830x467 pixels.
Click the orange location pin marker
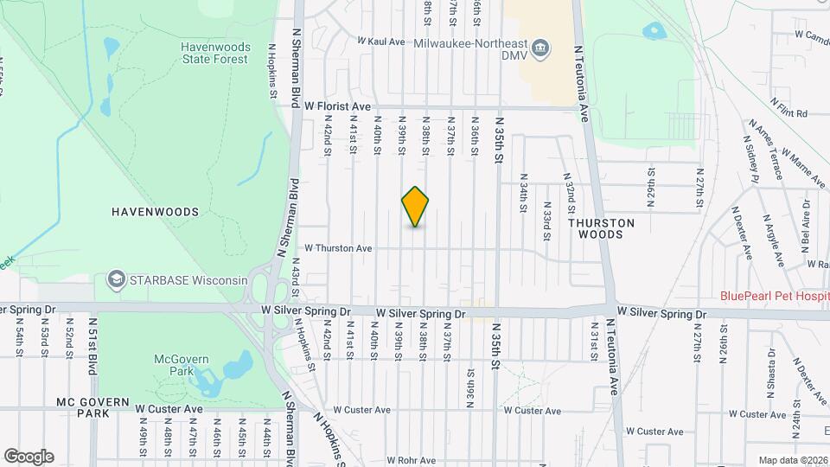(x=416, y=207)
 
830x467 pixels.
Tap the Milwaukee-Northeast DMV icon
(x=540, y=47)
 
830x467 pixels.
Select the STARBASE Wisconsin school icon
(x=115, y=279)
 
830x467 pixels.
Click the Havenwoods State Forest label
(x=214, y=53)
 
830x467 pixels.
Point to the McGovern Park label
(x=176, y=364)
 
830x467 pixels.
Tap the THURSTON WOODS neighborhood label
(x=601, y=228)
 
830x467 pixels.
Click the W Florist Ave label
(x=337, y=106)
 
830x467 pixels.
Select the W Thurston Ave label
(x=337, y=248)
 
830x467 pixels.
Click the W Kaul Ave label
(x=380, y=41)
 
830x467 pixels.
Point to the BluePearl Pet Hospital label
(x=775, y=295)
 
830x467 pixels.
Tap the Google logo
(x=29, y=456)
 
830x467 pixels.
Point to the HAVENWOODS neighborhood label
(x=155, y=211)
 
